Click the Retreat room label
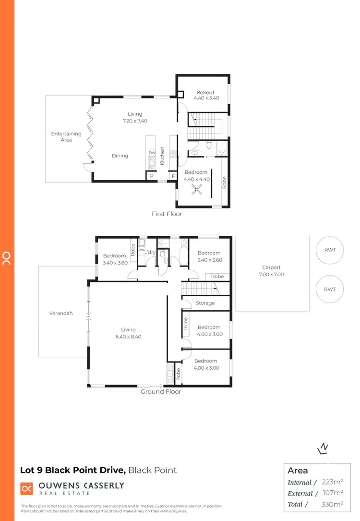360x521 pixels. (x=205, y=93)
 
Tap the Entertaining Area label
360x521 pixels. (x=66, y=137)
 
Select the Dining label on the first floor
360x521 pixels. (x=120, y=156)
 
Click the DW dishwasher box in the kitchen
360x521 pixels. (x=152, y=153)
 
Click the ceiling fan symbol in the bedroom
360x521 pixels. (x=196, y=191)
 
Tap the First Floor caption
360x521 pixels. (x=167, y=214)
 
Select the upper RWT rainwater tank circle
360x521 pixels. (x=330, y=251)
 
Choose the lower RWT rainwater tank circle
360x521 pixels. (x=330, y=289)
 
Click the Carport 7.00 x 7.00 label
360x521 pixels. (x=272, y=271)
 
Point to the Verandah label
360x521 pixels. (x=61, y=313)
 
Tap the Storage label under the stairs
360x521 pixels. (x=205, y=303)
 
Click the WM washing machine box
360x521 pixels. (x=142, y=250)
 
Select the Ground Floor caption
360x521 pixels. (x=160, y=392)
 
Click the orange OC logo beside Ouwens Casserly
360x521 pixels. (x=26, y=488)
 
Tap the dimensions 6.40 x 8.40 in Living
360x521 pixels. (x=128, y=337)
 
